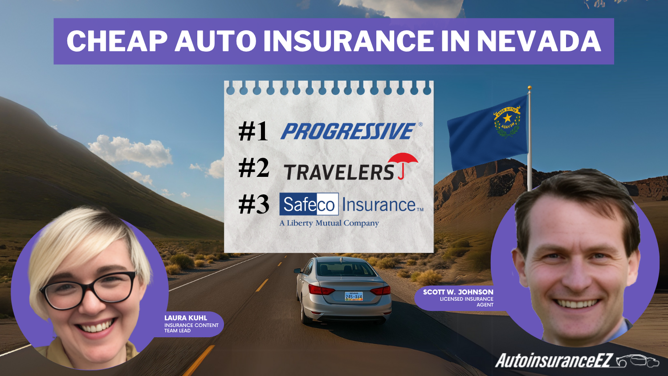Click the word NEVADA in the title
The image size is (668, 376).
click(539, 41)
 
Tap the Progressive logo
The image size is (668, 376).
click(348, 131)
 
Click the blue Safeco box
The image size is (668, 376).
click(309, 204)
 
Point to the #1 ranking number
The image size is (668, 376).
click(253, 131)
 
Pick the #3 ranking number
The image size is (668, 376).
click(253, 205)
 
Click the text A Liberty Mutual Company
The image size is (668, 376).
click(329, 223)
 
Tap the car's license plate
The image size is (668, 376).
click(354, 296)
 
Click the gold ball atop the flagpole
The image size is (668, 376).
click(530, 88)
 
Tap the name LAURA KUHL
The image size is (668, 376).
click(185, 318)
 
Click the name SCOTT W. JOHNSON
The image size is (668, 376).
click(458, 292)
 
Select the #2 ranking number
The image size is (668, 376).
click(253, 168)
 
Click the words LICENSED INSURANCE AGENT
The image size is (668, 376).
click(466, 302)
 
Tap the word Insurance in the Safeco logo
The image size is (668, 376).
click(379, 205)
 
